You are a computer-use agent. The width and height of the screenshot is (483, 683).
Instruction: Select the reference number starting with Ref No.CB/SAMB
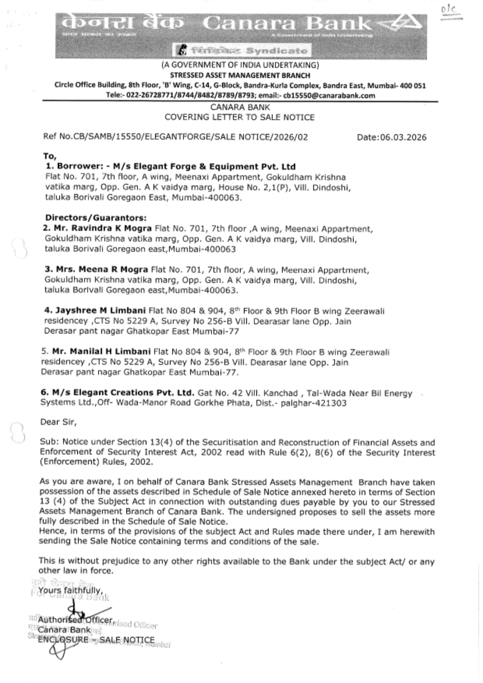click(175, 137)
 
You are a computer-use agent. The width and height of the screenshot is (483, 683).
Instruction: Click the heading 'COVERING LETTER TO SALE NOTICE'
click(239, 117)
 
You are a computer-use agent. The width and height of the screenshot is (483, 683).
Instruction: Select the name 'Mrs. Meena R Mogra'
click(97, 270)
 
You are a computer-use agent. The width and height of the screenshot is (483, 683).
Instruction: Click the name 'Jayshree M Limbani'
click(100, 310)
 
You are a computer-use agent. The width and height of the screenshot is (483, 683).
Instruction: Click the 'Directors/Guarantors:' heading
click(96, 218)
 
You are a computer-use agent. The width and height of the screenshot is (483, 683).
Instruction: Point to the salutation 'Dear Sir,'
click(58, 422)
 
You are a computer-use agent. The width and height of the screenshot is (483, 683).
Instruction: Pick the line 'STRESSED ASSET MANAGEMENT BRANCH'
click(240, 75)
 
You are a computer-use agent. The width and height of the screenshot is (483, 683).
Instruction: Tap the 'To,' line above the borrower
click(50, 156)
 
